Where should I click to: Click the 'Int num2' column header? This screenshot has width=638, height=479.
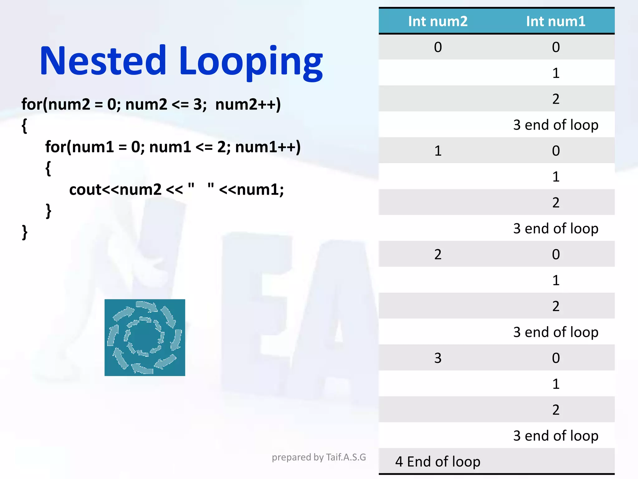[x=438, y=21]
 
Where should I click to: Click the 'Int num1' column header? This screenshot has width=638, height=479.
[x=556, y=21]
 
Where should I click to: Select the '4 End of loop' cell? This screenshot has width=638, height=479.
[x=438, y=462]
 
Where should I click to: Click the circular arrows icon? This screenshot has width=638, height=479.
[x=145, y=337]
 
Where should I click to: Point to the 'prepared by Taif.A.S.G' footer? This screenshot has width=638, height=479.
[x=319, y=457]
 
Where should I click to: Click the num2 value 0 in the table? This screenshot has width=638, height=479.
[x=438, y=47]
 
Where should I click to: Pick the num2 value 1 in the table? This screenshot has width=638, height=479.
[x=438, y=151]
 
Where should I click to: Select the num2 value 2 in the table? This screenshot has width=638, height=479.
[x=438, y=254]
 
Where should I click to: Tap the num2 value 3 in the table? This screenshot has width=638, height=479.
[x=438, y=358]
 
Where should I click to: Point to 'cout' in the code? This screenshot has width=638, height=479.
[x=85, y=190]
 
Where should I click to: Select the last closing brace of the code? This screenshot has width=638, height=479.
[x=25, y=232]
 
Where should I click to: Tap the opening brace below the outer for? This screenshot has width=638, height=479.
[x=24, y=126]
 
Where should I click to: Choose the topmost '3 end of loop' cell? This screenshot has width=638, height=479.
[x=556, y=125]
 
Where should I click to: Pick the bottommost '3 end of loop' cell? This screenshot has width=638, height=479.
[x=556, y=436]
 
